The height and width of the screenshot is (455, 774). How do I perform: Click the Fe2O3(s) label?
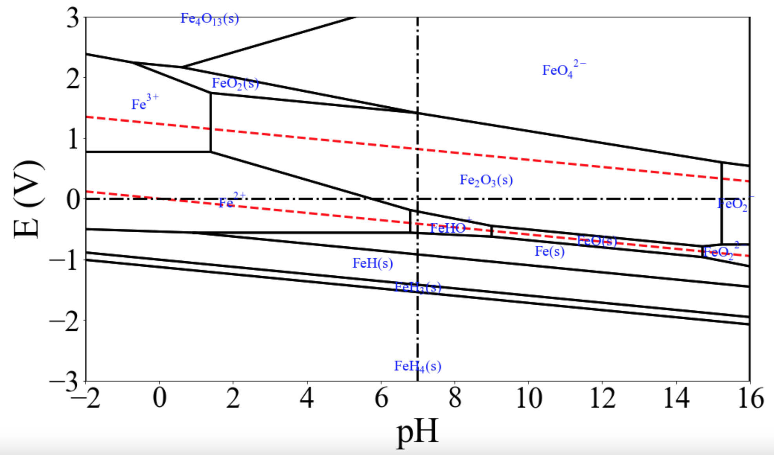486,180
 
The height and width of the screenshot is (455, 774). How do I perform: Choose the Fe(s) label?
549,251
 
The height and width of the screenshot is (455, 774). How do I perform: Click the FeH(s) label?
372,263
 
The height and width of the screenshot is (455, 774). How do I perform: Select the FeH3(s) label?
418,288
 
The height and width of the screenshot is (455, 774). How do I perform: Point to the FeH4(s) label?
418,366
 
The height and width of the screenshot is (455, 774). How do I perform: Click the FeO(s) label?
596,241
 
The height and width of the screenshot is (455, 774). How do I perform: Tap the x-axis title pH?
417,431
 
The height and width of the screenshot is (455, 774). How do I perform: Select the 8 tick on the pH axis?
455,398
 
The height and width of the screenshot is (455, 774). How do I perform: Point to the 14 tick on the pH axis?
676,398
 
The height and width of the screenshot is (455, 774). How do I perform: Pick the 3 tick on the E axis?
73,18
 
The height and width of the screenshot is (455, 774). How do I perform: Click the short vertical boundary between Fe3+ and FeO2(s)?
211,122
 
